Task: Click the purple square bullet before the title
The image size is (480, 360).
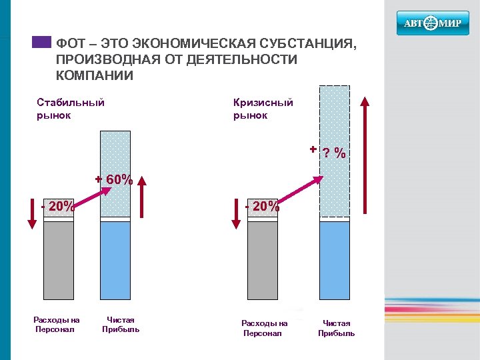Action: point(41,41)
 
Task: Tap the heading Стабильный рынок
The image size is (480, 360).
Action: point(70,109)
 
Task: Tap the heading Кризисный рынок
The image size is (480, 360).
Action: point(263,109)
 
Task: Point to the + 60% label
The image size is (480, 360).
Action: point(115,180)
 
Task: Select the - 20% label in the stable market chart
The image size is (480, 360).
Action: point(58,206)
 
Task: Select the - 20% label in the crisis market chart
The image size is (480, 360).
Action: point(262,206)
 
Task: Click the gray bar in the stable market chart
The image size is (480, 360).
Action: point(58,260)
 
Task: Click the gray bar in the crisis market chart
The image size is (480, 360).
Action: point(262,260)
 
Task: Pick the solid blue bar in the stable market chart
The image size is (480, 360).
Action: point(115,260)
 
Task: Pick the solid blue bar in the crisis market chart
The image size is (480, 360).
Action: point(334,260)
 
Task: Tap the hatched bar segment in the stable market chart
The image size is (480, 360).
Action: point(115,173)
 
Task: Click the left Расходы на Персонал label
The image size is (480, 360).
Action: point(57,325)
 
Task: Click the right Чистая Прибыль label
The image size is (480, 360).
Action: point(336,328)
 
